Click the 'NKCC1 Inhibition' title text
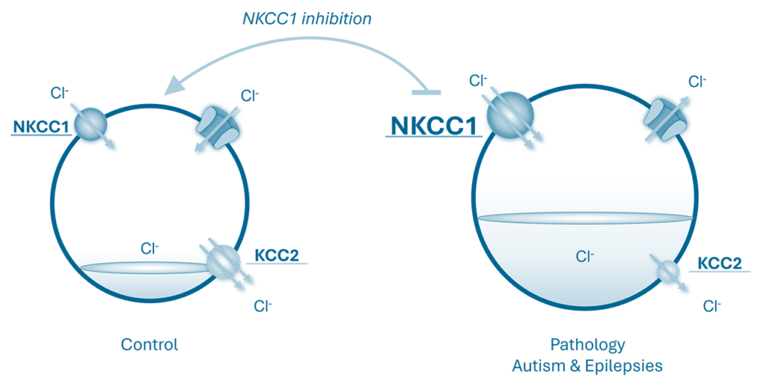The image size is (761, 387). (x=307, y=19)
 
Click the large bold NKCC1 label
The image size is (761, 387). (x=433, y=125)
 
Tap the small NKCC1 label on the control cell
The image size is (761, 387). (x=41, y=127)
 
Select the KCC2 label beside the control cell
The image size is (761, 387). (x=276, y=256)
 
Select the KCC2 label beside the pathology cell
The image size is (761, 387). (x=719, y=263)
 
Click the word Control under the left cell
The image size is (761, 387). (x=150, y=345)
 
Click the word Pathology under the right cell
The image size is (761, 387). (x=587, y=345)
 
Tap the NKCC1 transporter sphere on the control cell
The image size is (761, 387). (x=90, y=123)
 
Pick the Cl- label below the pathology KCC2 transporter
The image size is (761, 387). (x=713, y=305)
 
